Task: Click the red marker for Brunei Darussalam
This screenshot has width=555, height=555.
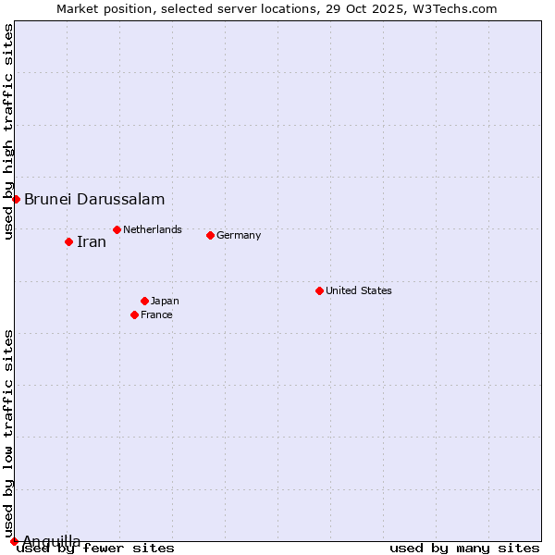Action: [x=16, y=199]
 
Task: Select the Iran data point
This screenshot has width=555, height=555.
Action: [x=68, y=241]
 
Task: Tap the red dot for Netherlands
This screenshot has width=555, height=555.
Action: [x=117, y=229]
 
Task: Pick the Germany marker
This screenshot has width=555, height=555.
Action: [x=210, y=235]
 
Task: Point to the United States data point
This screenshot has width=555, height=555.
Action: [x=319, y=290]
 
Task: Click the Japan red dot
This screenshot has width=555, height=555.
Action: [x=144, y=301]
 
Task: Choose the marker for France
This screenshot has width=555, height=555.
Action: [x=134, y=314]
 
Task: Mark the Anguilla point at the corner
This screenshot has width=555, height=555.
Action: [x=14, y=541]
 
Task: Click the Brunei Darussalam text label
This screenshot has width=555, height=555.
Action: [x=94, y=199]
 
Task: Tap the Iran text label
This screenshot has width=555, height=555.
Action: [x=92, y=242]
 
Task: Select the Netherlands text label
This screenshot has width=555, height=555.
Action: [x=153, y=229]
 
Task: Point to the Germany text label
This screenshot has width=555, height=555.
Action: [x=239, y=235]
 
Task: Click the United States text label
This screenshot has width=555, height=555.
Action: [x=359, y=290]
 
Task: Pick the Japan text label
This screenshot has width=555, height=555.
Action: [x=165, y=301]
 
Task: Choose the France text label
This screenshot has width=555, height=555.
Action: [x=156, y=314]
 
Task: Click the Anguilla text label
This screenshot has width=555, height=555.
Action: [x=52, y=541]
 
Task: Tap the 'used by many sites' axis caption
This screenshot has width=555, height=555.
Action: [x=464, y=549]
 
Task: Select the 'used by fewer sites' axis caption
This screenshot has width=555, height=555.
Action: [x=95, y=549]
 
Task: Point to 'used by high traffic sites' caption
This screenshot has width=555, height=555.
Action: [x=8, y=132]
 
